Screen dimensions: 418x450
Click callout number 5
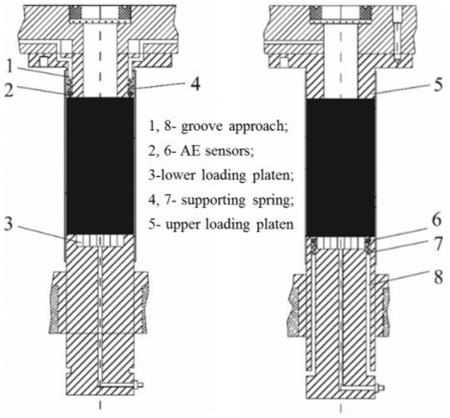tap(438, 85)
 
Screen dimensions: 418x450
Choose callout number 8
tap(438, 276)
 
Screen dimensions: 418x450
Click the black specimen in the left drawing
tap(100, 165)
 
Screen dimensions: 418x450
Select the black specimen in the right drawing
tap(341, 165)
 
